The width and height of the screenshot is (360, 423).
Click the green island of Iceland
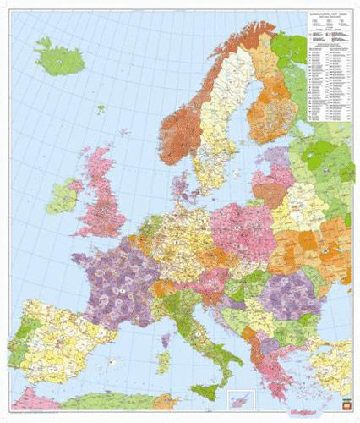[60, 59]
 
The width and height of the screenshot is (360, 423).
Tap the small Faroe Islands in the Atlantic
[100, 108]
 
